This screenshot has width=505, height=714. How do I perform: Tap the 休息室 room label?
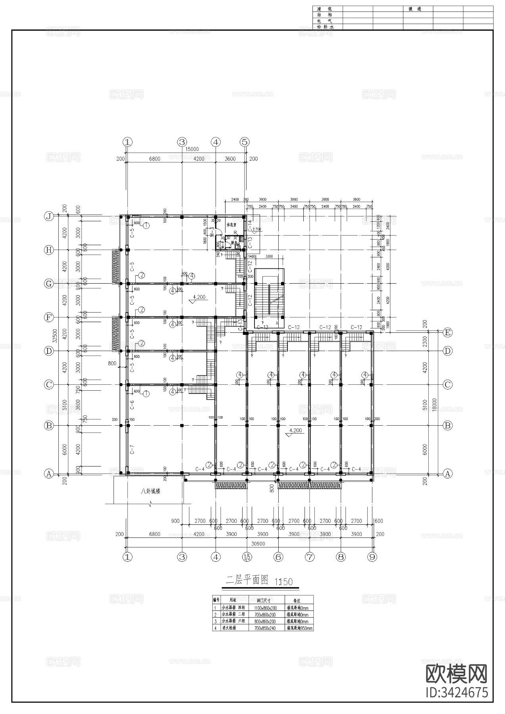click(231, 225)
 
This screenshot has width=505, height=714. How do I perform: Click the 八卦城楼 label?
click(150, 491)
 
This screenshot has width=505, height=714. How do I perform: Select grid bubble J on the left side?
click(49, 216)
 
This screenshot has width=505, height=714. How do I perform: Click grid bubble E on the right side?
click(447, 332)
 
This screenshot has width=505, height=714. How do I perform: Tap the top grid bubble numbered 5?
click(245, 142)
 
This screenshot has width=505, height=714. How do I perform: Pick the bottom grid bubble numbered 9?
click(372, 557)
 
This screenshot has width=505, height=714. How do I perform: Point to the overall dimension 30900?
click(251, 543)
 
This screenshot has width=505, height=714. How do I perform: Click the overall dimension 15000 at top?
click(192, 150)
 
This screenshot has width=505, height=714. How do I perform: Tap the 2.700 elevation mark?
click(257, 229)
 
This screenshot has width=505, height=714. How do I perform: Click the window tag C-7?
click(132, 449)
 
